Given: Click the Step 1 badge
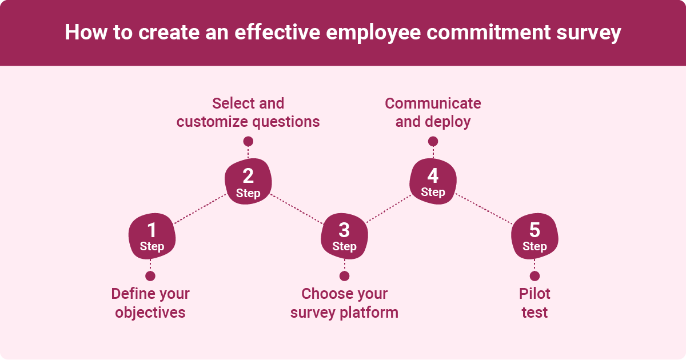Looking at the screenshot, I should coord(151,237).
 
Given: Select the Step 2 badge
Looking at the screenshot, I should coord(248,182).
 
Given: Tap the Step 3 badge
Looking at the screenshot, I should coord(344,237).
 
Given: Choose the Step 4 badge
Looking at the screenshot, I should coord(433,182).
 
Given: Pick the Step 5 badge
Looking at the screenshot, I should coord(535,237).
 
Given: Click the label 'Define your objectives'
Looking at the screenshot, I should coord(150,303).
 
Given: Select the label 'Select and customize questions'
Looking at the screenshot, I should coord(248,113).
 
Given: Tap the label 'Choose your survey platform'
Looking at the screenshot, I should coord(344,303).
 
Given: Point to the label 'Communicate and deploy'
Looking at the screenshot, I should coord(433,113).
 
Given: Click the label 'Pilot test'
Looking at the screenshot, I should coord(535,303).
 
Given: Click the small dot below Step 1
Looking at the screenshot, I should coord(150,276).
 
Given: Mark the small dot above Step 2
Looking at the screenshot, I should coord(248,141).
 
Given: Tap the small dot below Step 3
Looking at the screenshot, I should coord(344,276).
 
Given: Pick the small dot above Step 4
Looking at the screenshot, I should coord(433,141).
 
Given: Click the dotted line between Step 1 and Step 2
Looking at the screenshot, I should coord(200,209).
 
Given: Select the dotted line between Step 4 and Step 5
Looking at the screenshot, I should coord(484,209).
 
